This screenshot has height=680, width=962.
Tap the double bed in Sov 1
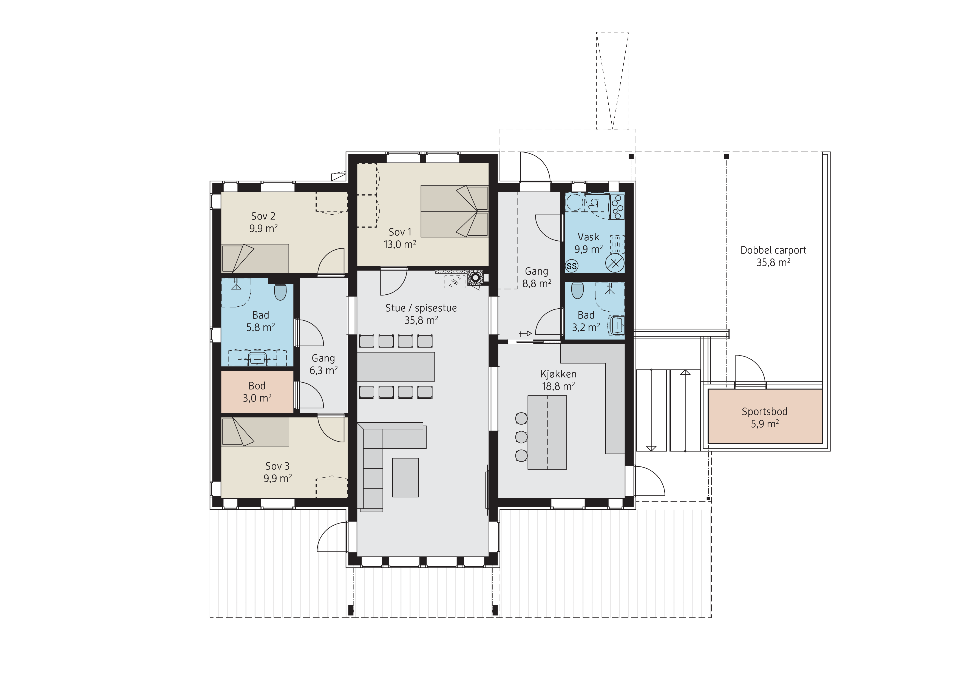(x=455, y=211)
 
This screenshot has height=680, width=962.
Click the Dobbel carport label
(x=773, y=250)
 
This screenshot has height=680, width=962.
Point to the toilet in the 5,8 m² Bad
(x=280, y=292)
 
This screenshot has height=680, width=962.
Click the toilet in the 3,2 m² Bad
(x=577, y=290)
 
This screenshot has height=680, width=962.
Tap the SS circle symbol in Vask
(x=572, y=266)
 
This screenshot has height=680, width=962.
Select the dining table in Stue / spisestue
(x=396, y=367)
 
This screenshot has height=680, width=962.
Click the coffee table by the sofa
(x=405, y=477)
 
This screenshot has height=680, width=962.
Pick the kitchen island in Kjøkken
(x=547, y=433)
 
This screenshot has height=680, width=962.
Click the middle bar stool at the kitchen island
(x=521, y=437)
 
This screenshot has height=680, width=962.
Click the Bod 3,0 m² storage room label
(x=257, y=392)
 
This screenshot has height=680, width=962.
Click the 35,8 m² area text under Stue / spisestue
(x=421, y=320)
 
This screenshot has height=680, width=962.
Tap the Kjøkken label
(x=558, y=374)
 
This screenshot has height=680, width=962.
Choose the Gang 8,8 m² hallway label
(x=537, y=277)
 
